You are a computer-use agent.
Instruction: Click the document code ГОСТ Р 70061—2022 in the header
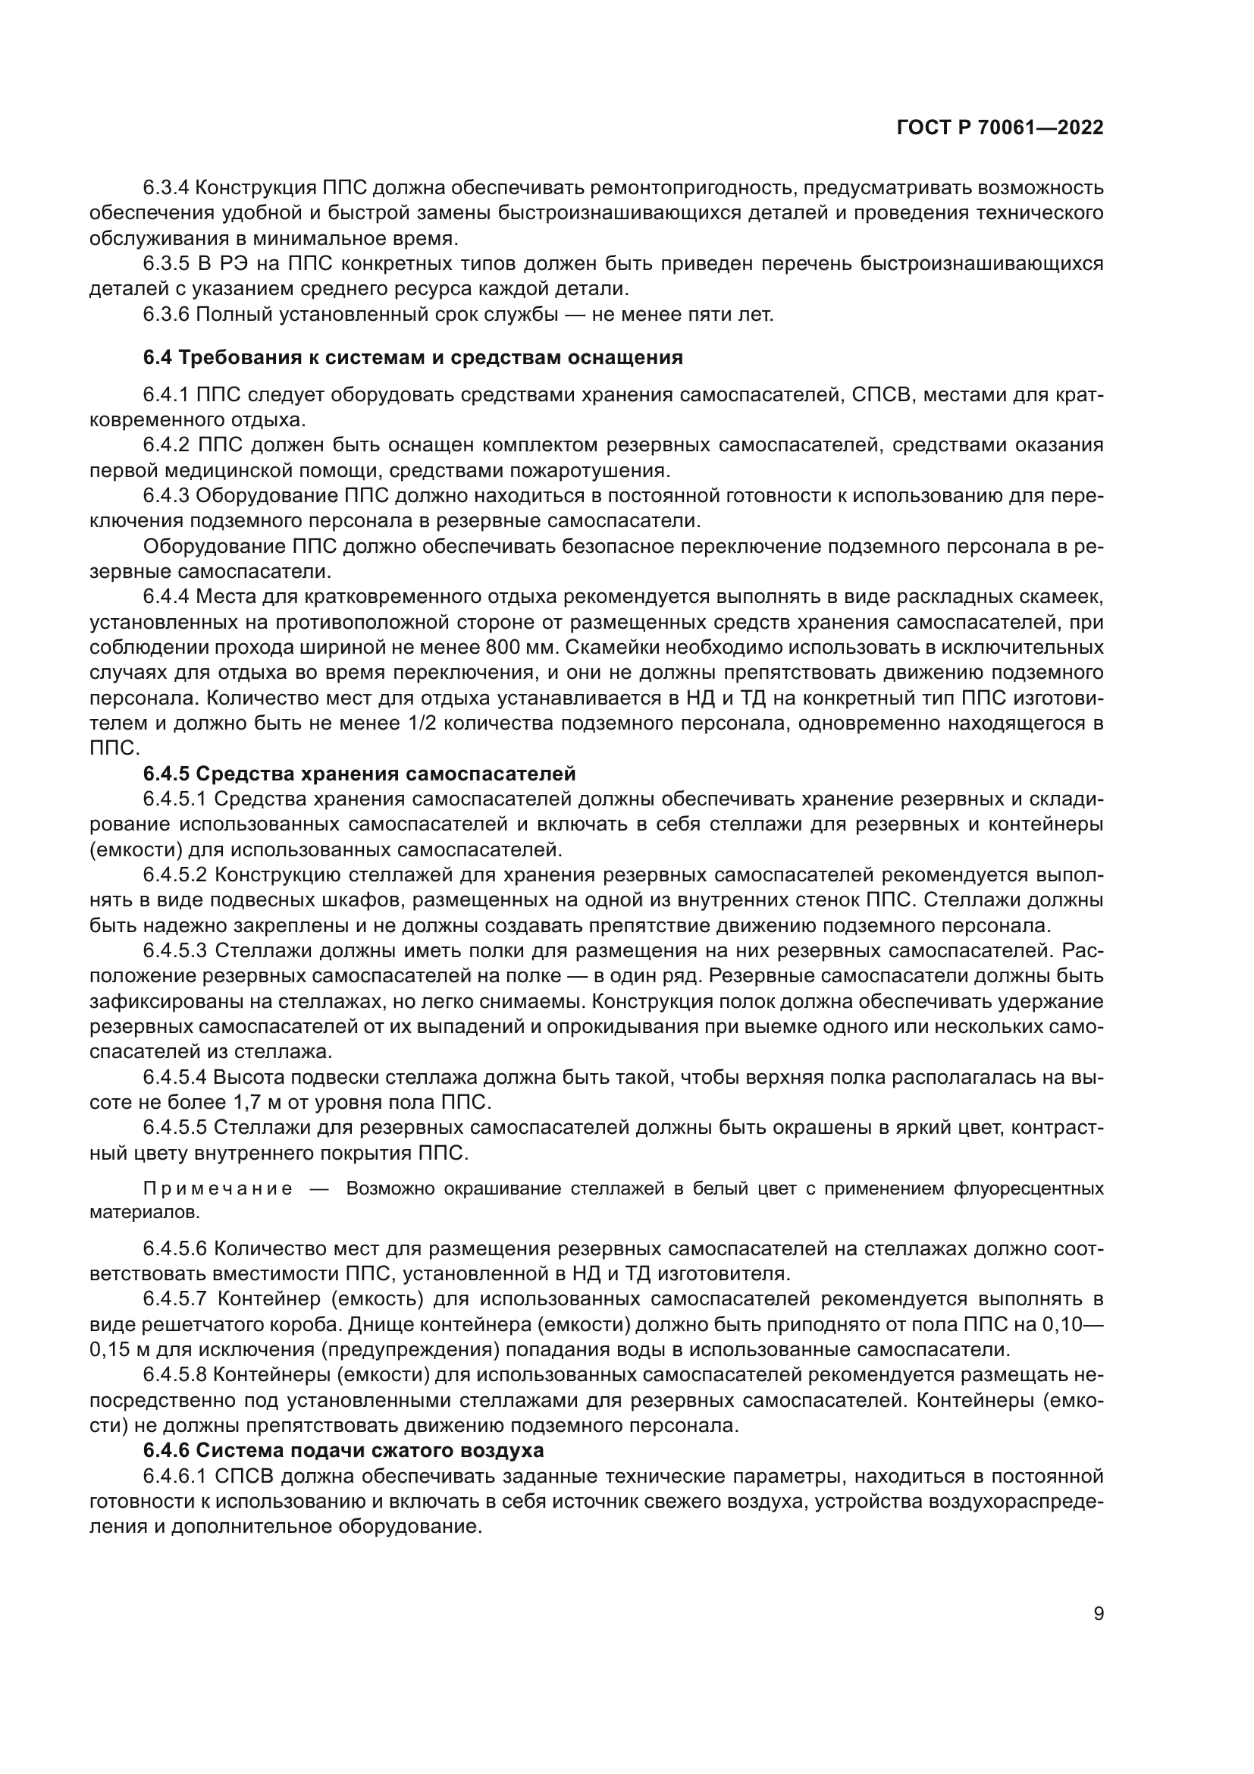[x=1000, y=128]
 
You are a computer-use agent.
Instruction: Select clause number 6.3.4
[x=166, y=188]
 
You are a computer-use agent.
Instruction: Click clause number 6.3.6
[x=166, y=316]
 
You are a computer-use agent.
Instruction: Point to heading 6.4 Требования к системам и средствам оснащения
[x=413, y=358]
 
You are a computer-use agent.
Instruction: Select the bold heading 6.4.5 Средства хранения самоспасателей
[x=359, y=774]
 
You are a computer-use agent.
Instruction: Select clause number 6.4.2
[x=166, y=445]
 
